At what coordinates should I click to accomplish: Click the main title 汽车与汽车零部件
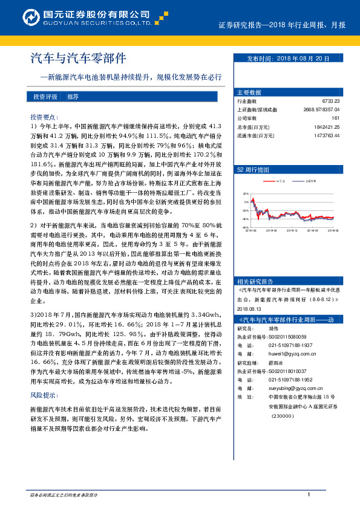79,59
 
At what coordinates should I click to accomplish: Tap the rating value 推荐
73,97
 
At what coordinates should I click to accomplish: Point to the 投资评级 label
45,97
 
